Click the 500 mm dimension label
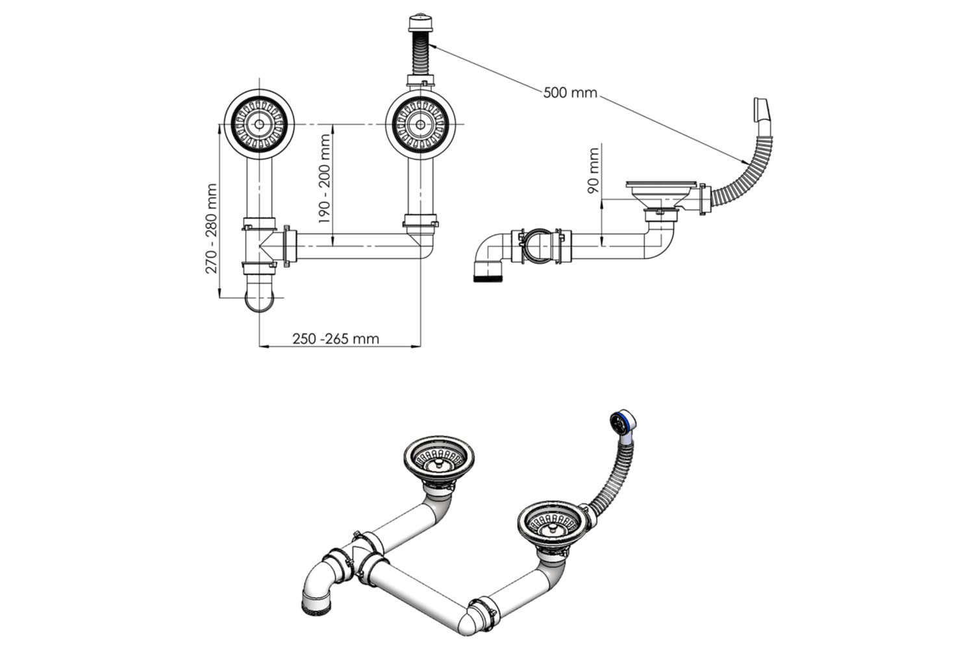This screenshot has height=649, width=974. (570, 93)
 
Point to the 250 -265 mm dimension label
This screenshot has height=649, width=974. (336, 338)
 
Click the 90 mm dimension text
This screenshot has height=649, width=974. (593, 171)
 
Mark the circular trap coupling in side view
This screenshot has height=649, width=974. (537, 246)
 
